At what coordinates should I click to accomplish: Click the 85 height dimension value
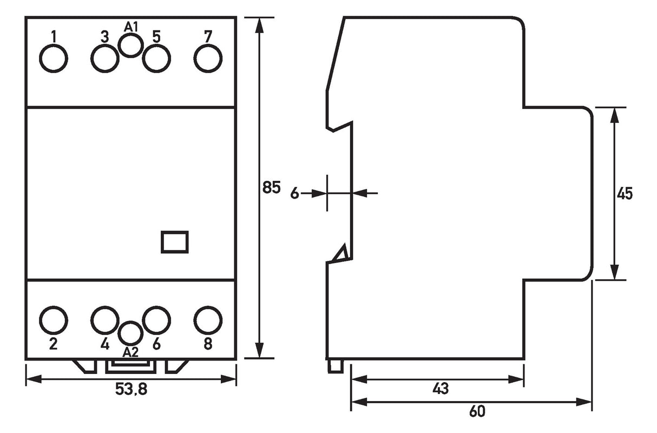coord(271,187)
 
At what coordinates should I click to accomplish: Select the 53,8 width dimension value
coord(131,389)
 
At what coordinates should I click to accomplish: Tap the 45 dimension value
coord(625,194)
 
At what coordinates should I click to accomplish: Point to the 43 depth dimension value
coord(441,389)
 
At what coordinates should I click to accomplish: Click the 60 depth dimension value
coord(477,411)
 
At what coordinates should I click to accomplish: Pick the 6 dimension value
coord(294,194)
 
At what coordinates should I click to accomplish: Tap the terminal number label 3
coord(104,37)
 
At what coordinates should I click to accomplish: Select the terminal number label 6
coord(156,344)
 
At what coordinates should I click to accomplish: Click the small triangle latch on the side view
coord(340,253)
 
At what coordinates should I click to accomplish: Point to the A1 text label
coord(131,27)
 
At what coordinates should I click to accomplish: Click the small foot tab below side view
coord(336,367)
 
